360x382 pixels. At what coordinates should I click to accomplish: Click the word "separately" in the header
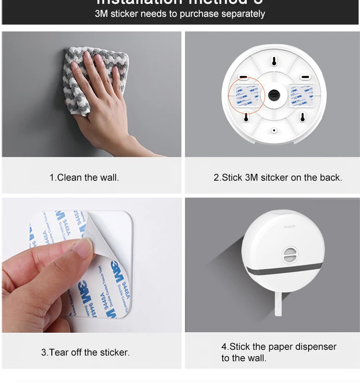click(243, 14)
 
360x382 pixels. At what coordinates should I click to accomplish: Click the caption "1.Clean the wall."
click(84, 177)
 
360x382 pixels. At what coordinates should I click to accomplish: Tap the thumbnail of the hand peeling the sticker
click(91, 265)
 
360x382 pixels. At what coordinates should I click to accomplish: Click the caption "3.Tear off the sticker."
click(85, 352)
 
